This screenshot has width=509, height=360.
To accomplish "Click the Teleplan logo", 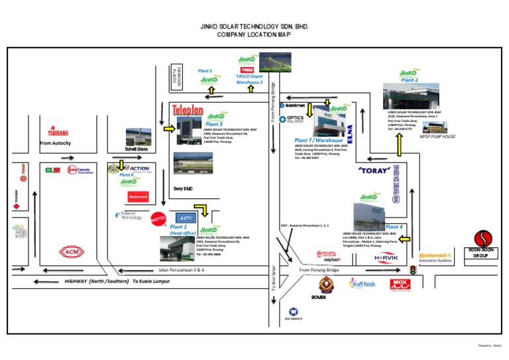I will point(188,110).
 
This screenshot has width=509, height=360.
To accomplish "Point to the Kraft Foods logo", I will point(363,284).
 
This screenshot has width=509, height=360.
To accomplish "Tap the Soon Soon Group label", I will point(487,253).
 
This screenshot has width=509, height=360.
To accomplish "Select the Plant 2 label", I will point(410,80).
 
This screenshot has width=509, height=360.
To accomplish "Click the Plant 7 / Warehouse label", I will point(319,141).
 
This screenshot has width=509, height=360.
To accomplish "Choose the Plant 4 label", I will point(394,227).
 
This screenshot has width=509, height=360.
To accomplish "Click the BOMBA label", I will point(319,297).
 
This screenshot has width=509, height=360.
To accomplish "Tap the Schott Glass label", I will point(137,150).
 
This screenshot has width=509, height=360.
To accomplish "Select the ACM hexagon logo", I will point(69,251).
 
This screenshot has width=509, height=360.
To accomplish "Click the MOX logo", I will point(400,284).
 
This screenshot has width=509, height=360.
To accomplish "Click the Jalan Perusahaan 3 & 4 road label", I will point(180,270).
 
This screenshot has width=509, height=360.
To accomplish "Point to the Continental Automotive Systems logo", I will point(435,257).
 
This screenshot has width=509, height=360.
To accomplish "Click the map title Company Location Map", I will point(254,34).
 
